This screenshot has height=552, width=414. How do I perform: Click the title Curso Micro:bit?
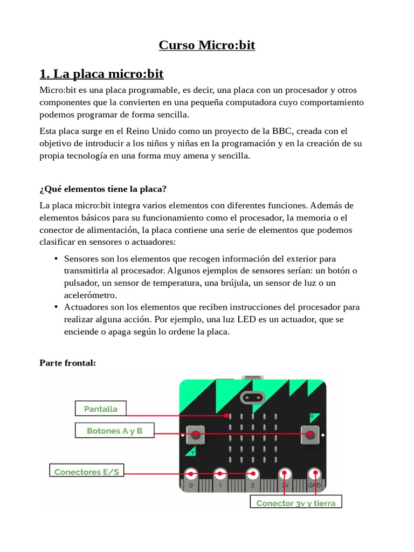tap(206, 45)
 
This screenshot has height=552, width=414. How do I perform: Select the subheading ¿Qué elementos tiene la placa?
tap(102, 189)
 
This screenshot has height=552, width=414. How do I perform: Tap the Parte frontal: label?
tap(67, 363)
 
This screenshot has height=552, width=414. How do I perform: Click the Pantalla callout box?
tap(100, 409)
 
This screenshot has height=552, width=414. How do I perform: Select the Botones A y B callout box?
tap(115, 431)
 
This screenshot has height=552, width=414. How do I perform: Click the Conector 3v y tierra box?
tap(295, 503)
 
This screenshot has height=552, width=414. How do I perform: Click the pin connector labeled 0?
tap(191, 475)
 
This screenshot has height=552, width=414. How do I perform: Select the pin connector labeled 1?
tap(220, 475)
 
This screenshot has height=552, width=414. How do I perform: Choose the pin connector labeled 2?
tap(252, 475)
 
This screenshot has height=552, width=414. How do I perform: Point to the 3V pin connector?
tap(284, 475)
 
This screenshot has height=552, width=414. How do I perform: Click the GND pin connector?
tap(314, 475)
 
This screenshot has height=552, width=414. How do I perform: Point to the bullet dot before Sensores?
tap(56, 259)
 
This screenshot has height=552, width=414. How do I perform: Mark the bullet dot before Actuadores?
tap(56, 307)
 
